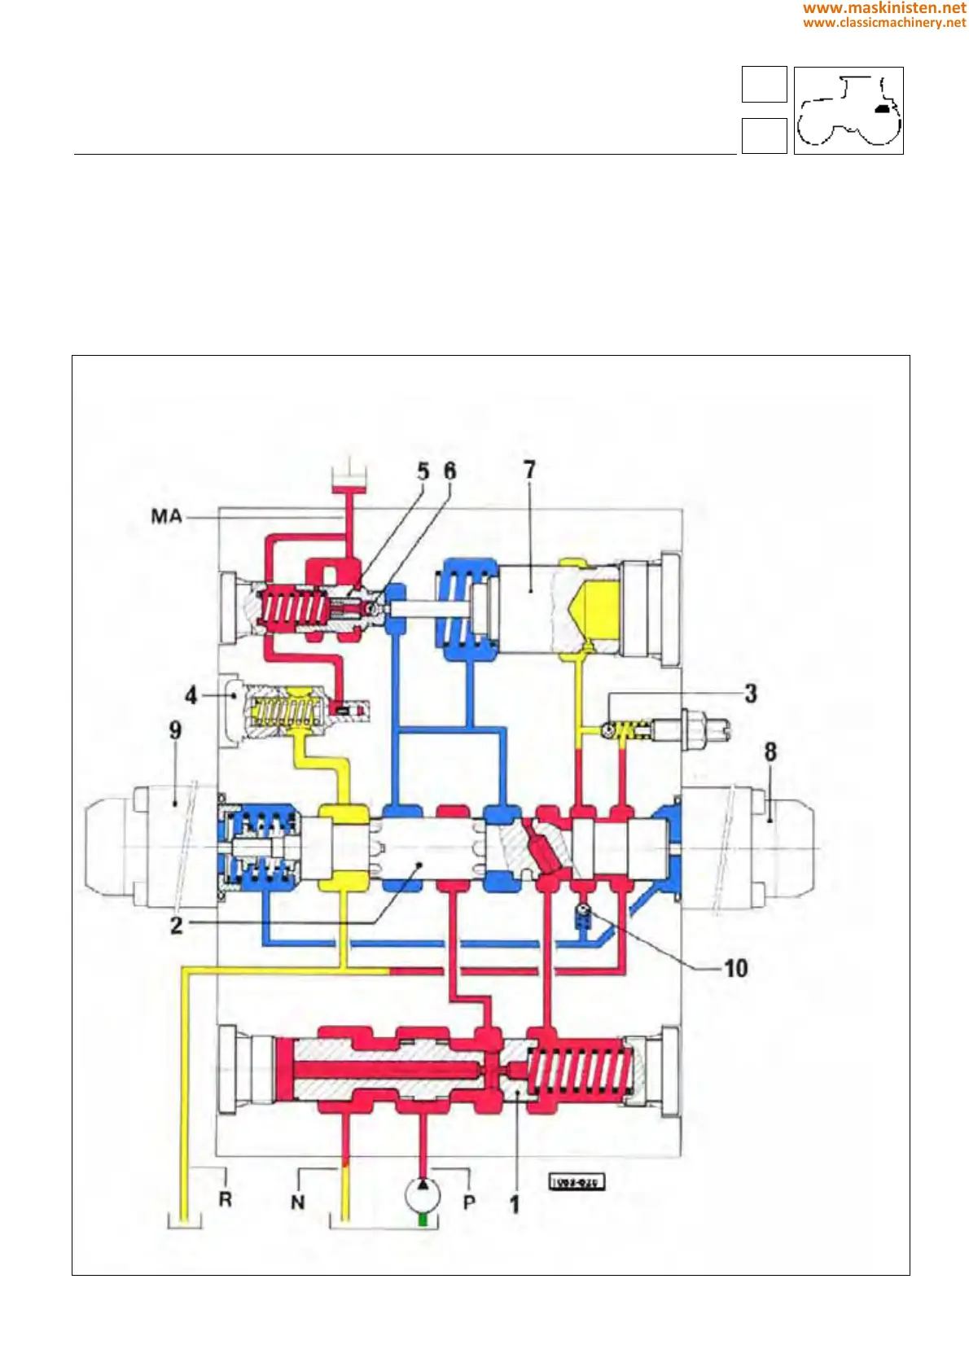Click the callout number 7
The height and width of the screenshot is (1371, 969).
click(529, 470)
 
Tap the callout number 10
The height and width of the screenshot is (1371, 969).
click(735, 968)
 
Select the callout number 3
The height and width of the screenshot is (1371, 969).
click(750, 694)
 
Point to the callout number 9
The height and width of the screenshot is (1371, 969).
click(175, 730)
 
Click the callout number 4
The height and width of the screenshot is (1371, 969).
click(191, 694)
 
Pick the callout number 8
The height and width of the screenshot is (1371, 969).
click(770, 751)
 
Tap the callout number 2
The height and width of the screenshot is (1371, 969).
click(176, 925)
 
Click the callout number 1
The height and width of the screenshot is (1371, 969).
click(515, 1203)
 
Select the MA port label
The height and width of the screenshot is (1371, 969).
click(166, 516)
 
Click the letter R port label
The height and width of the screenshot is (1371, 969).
click(226, 1199)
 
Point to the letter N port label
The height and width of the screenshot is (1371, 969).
click(298, 1202)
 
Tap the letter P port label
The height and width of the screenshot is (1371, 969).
click(469, 1202)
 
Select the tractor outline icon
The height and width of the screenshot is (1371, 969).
click(848, 111)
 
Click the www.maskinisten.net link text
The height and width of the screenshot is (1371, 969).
click(884, 8)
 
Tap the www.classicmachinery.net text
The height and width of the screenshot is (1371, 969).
click(884, 23)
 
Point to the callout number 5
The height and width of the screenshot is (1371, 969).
click(423, 471)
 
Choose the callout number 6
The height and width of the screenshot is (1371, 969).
click(449, 471)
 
